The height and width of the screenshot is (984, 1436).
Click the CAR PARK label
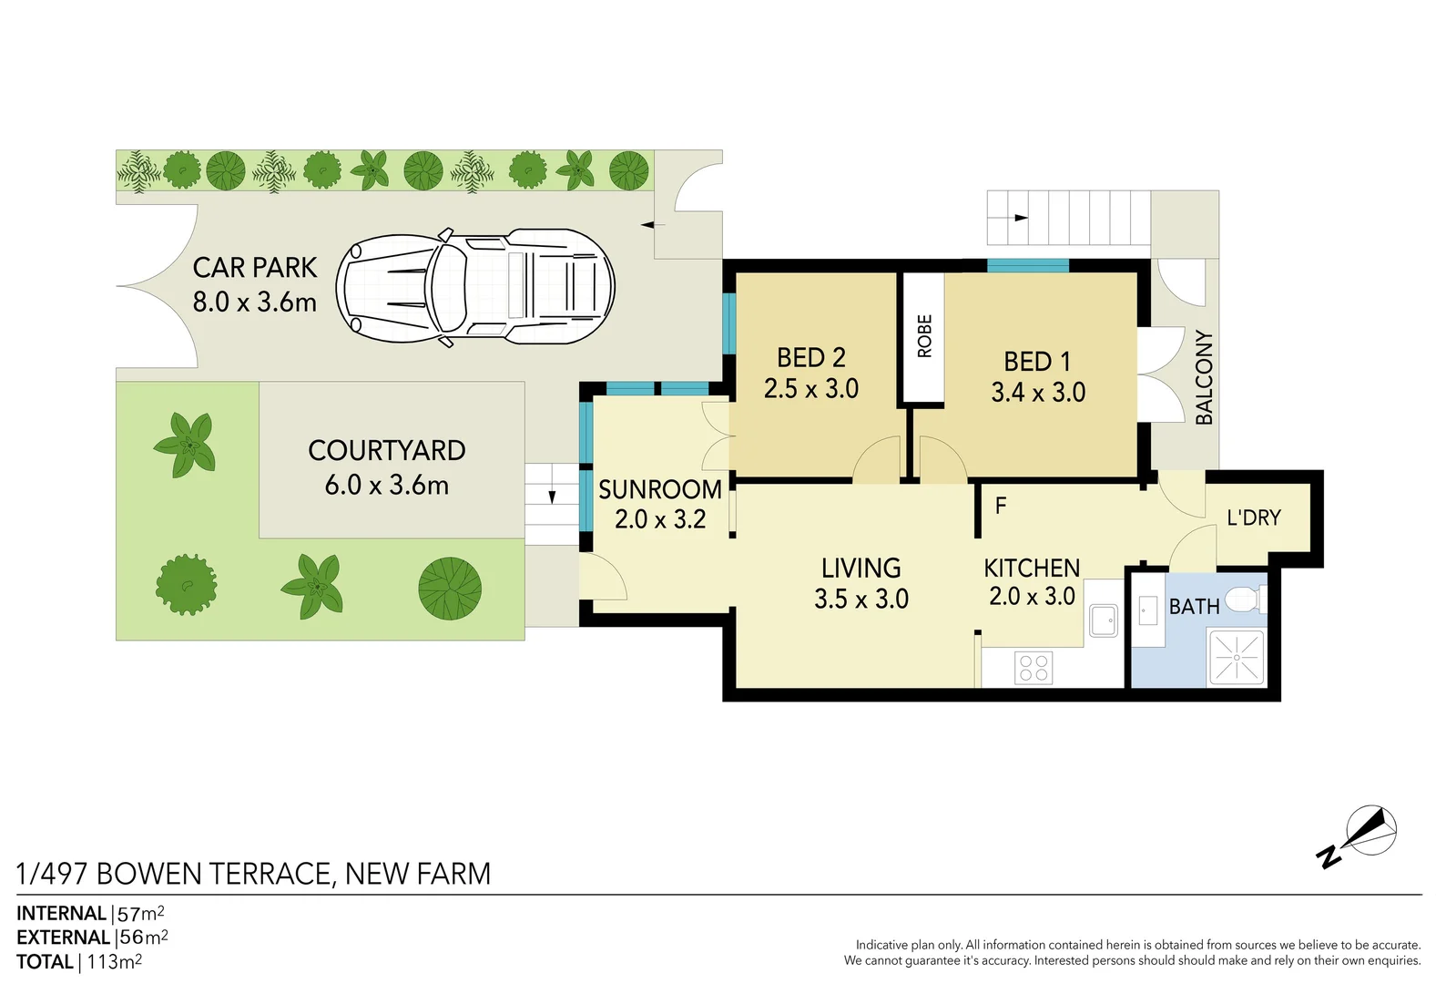[255, 268]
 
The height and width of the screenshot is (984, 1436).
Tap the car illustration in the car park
[475, 286]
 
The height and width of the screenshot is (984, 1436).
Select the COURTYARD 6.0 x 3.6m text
[387, 467]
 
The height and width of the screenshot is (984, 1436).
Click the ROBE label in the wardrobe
[924, 336]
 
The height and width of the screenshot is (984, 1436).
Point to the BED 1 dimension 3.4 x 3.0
[1038, 393]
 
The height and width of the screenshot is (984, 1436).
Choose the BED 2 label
[810, 357]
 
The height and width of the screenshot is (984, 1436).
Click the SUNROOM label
[659, 489]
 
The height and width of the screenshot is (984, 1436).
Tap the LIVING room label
[861, 569]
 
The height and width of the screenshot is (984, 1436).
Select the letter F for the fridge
[1001, 506]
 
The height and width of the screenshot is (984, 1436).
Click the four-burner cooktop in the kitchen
[1034, 668]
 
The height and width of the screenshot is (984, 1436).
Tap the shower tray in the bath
[1236, 657]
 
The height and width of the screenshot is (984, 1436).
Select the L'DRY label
[1253, 518]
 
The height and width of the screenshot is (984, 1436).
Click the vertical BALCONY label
[1204, 377]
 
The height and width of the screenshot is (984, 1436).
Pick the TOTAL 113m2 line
[79, 962]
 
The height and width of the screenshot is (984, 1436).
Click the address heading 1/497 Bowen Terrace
[253, 874]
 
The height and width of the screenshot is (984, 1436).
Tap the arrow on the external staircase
[1021, 218]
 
